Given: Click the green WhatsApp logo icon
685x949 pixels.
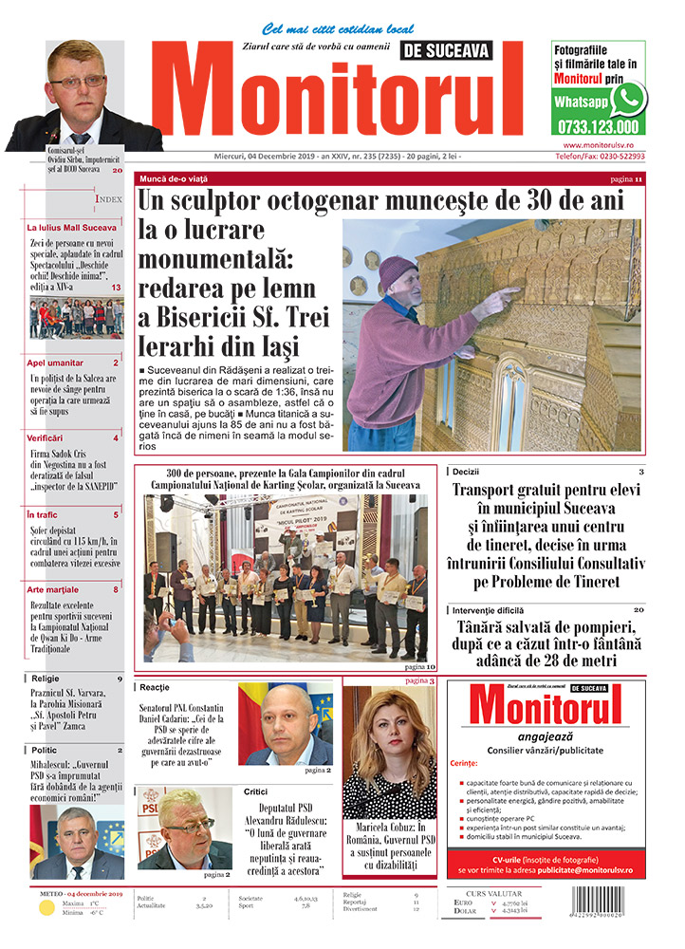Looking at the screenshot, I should click(x=628, y=98).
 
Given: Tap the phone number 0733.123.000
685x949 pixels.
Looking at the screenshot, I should click(x=599, y=126).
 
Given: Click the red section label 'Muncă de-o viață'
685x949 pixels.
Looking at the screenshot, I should click(x=173, y=178).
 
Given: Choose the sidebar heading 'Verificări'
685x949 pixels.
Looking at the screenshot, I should click(x=45, y=438).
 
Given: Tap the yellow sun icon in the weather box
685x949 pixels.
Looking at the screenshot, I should click(x=46, y=908).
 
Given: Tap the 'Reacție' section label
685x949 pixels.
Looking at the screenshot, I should click(x=154, y=686).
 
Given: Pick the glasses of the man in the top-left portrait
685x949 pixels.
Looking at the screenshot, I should click(x=79, y=82).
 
